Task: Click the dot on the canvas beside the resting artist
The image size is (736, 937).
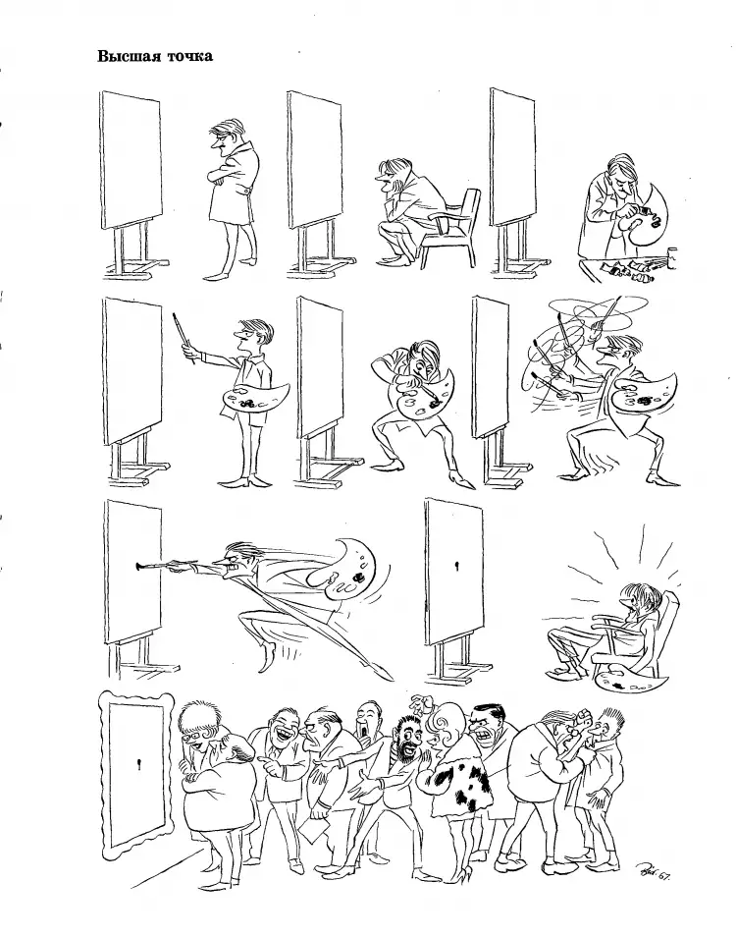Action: [456, 567]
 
